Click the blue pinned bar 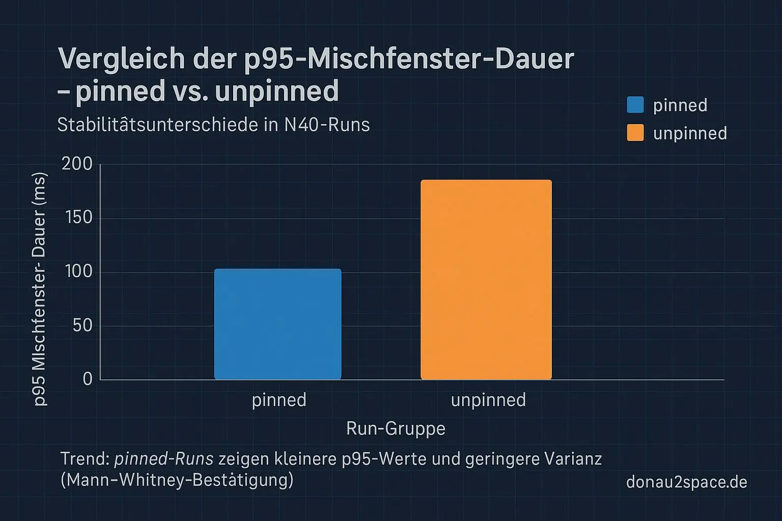[277, 324]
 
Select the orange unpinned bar [486, 279]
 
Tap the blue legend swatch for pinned [635, 105]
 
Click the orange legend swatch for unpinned [635, 133]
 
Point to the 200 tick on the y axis [77, 164]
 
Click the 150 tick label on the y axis [79, 218]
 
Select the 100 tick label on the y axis [79, 272]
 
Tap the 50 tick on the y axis [82, 325]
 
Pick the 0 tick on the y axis [88, 379]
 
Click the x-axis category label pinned [279, 400]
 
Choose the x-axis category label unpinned [488, 400]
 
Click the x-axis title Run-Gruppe [396, 428]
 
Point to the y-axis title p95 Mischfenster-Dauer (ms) [40, 289]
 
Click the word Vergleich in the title [122, 60]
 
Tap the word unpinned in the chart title [276, 91]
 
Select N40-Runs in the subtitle [327, 125]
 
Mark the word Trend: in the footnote [85, 459]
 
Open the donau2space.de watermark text [686, 482]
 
